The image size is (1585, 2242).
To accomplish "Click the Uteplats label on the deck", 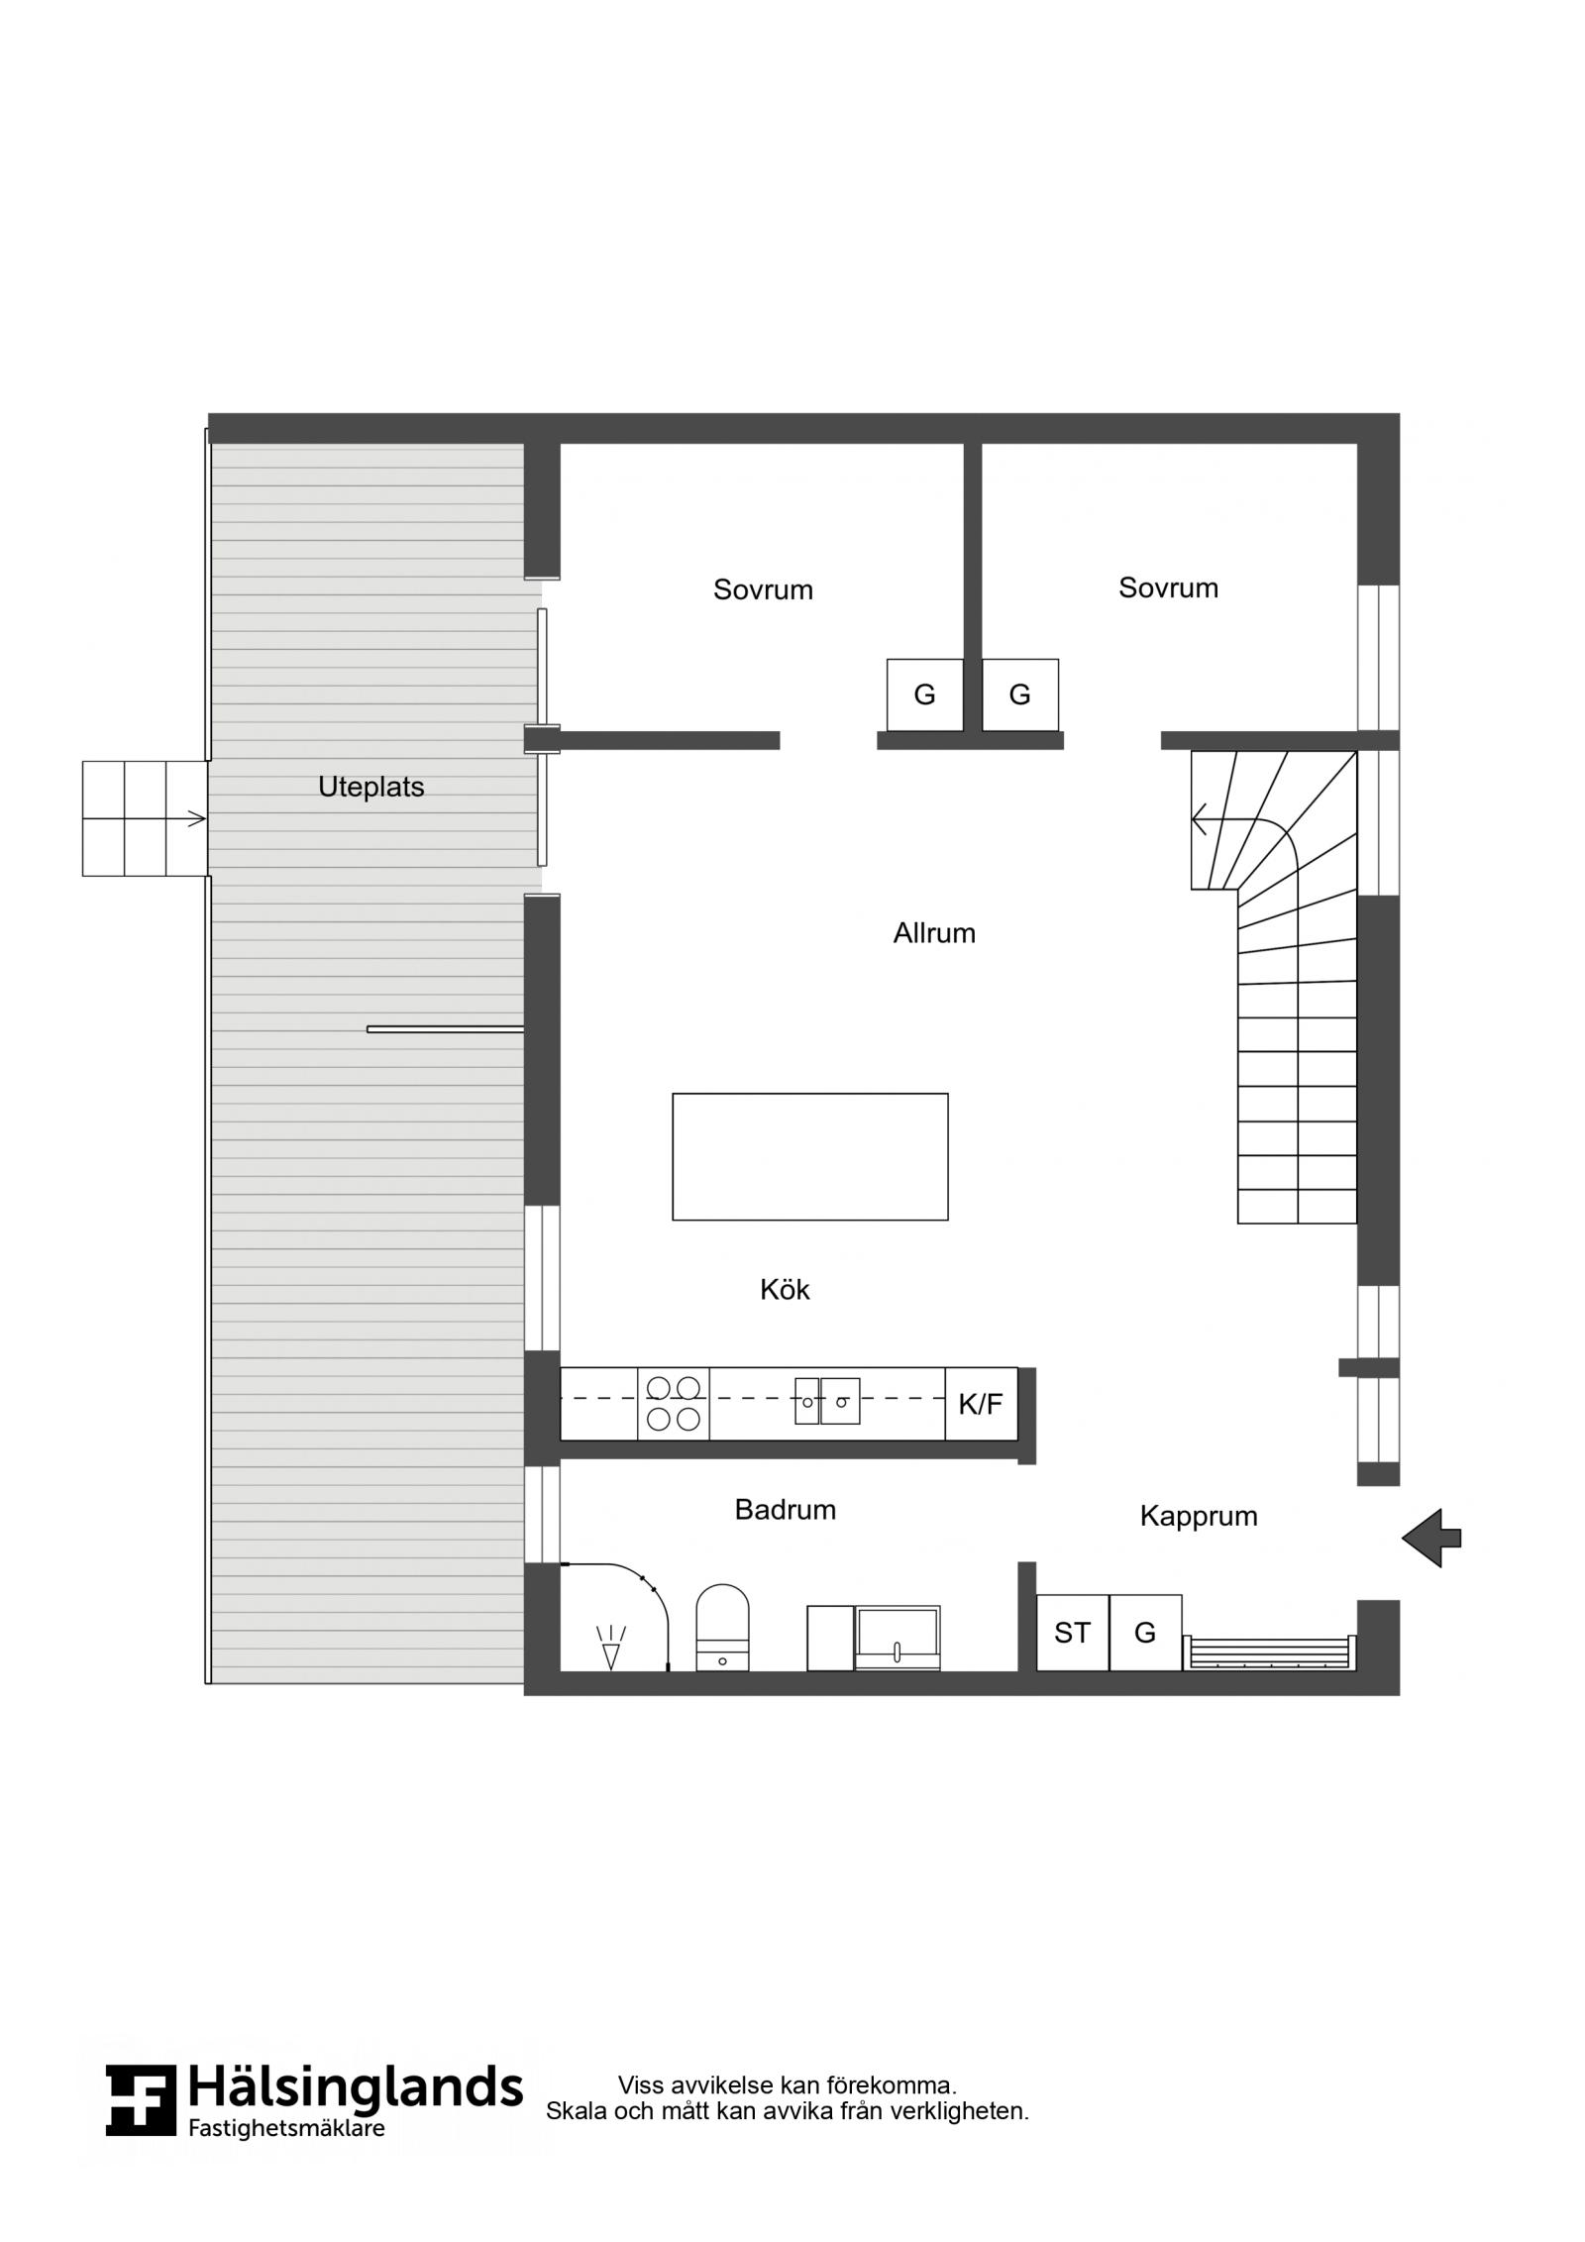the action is click(x=370, y=787).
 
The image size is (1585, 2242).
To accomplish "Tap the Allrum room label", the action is click(x=934, y=933).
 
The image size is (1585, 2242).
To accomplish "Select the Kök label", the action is click(x=785, y=1289).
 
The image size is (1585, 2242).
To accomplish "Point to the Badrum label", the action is click(x=785, y=1509).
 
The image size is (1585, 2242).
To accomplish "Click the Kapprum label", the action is click(x=1199, y=1516).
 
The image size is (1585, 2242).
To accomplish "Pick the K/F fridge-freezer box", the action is click(x=981, y=1403).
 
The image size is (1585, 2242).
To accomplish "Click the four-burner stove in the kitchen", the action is click(x=674, y=1403).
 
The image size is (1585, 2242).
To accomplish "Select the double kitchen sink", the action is click(x=827, y=1401).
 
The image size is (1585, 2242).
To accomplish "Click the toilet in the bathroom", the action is click(x=722, y=1628).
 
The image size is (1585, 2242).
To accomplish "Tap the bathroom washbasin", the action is click(x=898, y=1639).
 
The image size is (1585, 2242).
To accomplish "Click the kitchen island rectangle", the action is click(x=810, y=1156).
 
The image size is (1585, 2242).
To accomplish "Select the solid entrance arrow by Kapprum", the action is click(x=1430, y=1538).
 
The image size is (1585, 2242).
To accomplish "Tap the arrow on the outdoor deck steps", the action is click(x=145, y=818).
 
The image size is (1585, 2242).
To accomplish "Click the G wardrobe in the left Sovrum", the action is click(x=924, y=695).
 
